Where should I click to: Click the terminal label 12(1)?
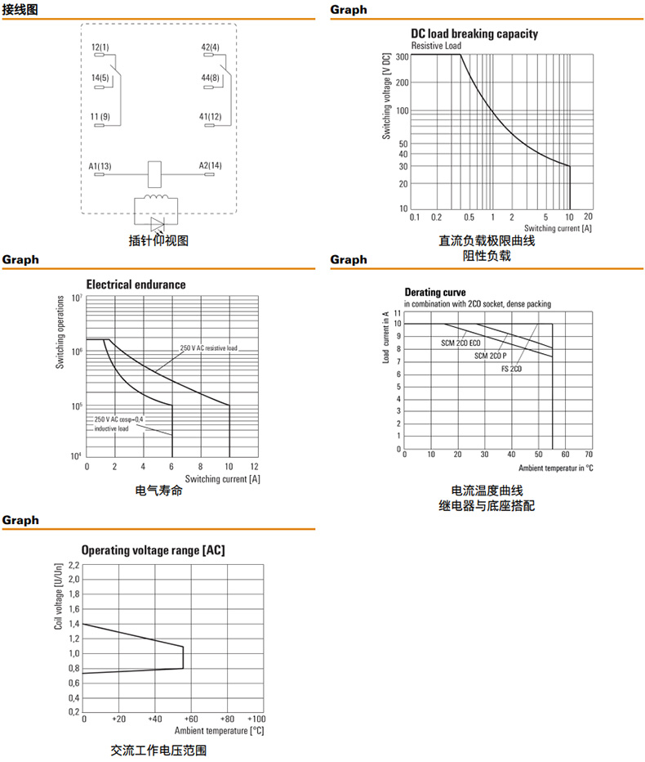(100, 47)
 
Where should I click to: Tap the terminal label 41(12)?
(211, 117)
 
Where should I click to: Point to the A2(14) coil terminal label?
(210, 165)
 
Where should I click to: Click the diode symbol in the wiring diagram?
(157, 222)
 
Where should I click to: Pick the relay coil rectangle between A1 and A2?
(155, 173)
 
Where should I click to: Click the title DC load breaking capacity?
(474, 34)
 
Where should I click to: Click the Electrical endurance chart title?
(136, 285)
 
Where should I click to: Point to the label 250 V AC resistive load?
(209, 348)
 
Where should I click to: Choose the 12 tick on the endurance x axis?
(255, 465)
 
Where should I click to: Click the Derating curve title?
(435, 292)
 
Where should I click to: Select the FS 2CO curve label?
(511, 369)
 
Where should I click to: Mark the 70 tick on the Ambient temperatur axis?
(589, 455)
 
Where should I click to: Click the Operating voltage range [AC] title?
(153, 550)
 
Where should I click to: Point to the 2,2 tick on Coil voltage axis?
(73, 565)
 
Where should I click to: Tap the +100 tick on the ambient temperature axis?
(255, 719)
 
